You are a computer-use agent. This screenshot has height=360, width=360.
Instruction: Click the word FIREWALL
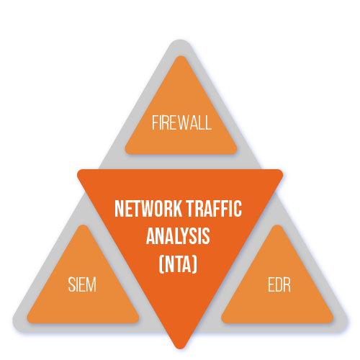(181, 122)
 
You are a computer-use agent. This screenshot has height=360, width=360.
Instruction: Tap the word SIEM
(82, 284)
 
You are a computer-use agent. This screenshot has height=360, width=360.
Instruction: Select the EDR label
(279, 284)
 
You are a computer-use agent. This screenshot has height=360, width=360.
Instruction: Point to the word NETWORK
(148, 209)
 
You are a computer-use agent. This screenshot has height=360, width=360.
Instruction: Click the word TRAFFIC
(214, 209)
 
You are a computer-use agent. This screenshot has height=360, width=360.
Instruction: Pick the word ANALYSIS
(178, 236)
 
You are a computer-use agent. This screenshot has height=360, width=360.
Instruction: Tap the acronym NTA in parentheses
(178, 264)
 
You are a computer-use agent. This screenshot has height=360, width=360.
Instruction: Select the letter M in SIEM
(91, 284)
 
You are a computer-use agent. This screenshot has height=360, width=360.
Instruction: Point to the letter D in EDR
(279, 284)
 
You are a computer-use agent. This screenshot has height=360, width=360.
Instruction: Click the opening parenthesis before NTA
(161, 264)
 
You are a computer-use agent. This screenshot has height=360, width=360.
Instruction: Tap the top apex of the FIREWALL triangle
(181, 57)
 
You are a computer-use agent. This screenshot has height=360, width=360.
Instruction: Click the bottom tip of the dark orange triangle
(180, 348)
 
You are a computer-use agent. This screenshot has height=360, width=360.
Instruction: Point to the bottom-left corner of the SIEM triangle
(28, 320)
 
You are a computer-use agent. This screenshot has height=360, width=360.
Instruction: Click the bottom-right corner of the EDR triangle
(332, 320)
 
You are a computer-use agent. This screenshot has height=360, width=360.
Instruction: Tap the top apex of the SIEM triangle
(83, 225)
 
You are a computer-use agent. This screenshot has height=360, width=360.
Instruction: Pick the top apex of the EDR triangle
(277, 225)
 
